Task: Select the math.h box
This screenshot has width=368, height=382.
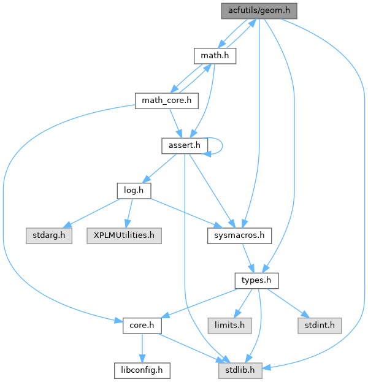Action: click(215, 56)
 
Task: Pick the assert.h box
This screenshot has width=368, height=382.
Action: click(185, 145)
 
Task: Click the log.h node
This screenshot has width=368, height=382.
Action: click(133, 190)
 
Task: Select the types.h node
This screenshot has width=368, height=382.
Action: click(256, 280)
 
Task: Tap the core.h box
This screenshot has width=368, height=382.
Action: click(142, 324)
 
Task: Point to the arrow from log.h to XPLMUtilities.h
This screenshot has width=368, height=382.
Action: click(128, 213)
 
